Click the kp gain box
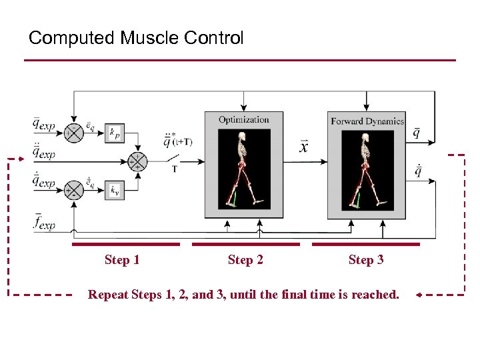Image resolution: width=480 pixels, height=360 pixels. [x=116, y=133]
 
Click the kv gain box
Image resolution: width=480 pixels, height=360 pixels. [x=116, y=191]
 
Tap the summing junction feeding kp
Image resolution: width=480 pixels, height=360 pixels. [x=73, y=132]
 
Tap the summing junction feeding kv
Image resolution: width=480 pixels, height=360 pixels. [x=73, y=191]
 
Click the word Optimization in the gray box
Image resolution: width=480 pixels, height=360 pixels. [x=244, y=120]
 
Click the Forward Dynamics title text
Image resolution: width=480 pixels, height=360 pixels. [x=367, y=121]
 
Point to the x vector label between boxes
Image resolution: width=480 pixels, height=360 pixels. [x=304, y=147]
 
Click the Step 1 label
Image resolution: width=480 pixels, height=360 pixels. [x=122, y=260]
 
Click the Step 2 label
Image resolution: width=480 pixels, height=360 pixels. [x=245, y=260]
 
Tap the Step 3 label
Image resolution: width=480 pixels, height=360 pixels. [x=366, y=260]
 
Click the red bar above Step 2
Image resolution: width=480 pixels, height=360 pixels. [x=245, y=245]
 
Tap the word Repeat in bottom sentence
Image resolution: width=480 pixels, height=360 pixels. [x=109, y=294]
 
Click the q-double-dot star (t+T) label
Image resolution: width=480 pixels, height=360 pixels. [x=178, y=141]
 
